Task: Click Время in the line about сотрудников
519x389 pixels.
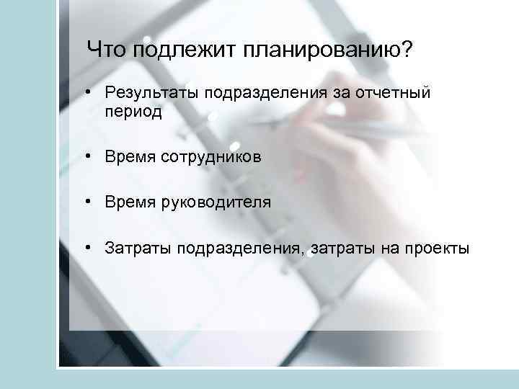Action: click(x=128, y=156)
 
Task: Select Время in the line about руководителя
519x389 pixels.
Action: click(x=128, y=202)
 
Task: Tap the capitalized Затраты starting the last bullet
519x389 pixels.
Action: click(x=131, y=249)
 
